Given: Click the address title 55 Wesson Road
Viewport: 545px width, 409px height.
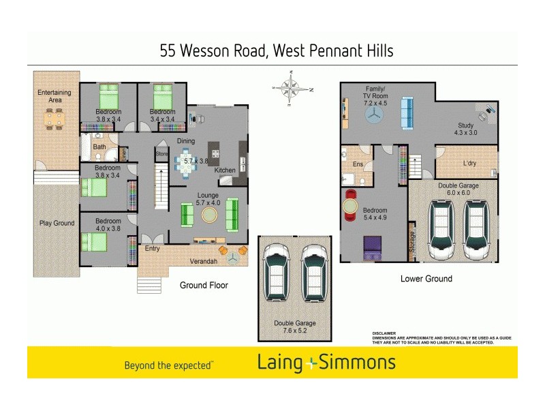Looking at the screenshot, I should coord(276,50).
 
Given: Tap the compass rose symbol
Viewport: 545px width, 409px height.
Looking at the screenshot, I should coord(292,90).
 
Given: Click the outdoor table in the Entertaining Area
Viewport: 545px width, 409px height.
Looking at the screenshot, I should coord(54,120).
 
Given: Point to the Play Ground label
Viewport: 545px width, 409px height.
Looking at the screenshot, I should coord(56,223).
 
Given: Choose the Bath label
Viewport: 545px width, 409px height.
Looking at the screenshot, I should coord(99,147).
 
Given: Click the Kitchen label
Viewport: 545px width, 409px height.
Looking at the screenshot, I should coord(225,170).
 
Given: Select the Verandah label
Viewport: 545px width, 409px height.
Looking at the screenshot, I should coord(203,261).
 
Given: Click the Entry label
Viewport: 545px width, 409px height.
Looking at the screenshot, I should coord(153,249).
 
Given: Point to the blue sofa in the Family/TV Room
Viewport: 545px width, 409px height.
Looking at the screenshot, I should coord(406,114).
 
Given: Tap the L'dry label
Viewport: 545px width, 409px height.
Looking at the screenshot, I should coord(469,164).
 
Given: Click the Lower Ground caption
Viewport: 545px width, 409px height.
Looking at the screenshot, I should coord(426,279).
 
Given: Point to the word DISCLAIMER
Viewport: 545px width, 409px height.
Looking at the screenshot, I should coord(384,333).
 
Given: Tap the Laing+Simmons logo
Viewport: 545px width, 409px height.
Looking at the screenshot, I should coord(326,363).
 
